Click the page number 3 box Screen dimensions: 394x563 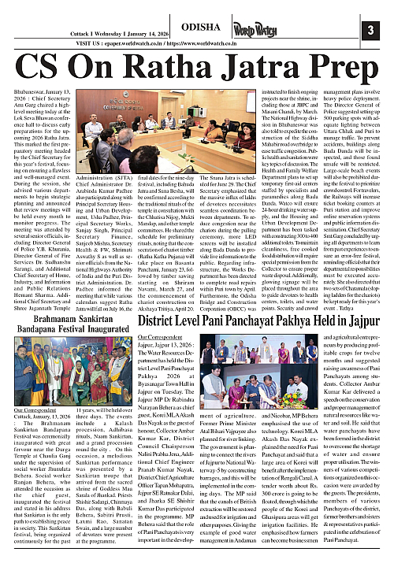pos(377,30)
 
